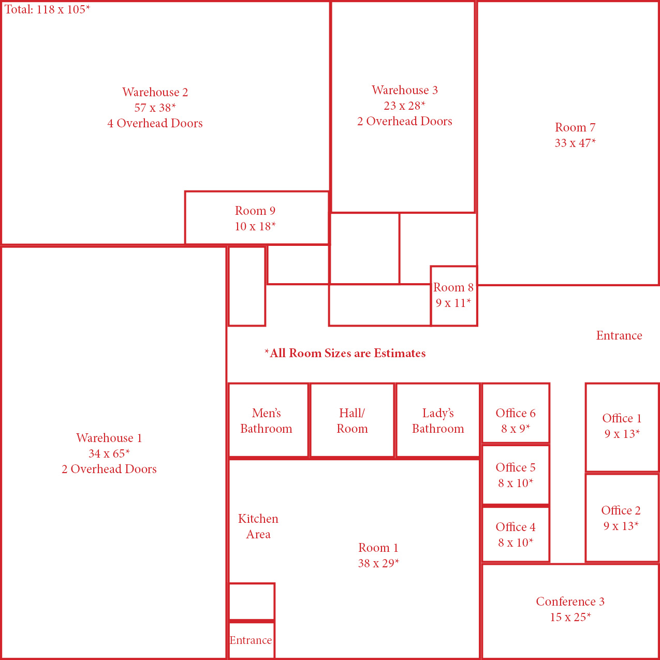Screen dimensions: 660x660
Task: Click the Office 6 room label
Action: point(516,413)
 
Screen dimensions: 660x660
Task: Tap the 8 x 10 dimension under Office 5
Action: point(516,483)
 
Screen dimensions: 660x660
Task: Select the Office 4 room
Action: point(516,535)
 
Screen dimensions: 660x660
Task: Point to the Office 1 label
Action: point(622,418)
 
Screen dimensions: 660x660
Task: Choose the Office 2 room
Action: point(621,518)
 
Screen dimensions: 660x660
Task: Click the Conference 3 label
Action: point(570,602)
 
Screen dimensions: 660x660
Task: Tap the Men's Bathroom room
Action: point(267,420)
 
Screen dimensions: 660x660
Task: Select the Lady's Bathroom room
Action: point(438,420)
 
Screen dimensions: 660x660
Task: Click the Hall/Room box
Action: point(352,420)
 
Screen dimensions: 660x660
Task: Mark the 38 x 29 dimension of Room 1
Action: point(378,564)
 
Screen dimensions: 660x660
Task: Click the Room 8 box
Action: point(453,296)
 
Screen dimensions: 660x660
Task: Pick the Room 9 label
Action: point(255,211)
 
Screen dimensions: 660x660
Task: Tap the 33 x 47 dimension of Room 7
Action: point(575,143)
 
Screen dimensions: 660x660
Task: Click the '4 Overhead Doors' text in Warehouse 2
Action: point(155,123)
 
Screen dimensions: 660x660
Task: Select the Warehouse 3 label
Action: point(405,90)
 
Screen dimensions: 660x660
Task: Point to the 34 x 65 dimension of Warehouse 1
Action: point(109,454)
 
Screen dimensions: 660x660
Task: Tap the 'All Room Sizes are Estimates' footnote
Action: point(345,354)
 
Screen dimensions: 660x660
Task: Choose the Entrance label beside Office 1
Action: point(619,335)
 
